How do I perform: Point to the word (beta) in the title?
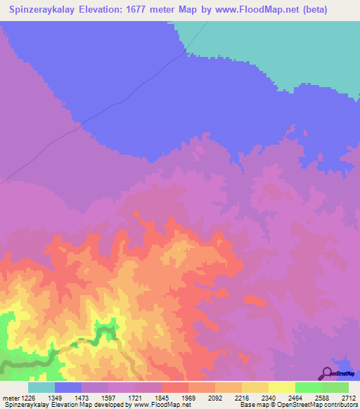pos(330,10)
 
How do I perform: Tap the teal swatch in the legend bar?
pos(41,387)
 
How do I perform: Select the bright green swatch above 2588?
pos(309,387)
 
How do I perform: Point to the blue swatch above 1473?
pos(68,387)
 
